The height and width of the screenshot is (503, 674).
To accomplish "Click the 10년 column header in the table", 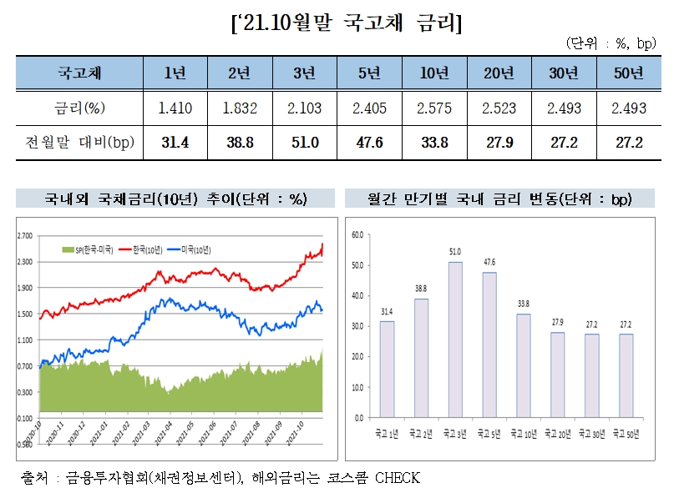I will click(x=435, y=73).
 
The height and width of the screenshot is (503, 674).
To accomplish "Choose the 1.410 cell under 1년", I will click(x=176, y=108).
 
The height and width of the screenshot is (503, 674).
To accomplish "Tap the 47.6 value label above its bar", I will click(x=489, y=262).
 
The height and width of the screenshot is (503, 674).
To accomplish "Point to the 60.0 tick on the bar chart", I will click(x=357, y=234).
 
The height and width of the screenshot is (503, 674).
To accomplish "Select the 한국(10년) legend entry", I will click(x=139, y=249).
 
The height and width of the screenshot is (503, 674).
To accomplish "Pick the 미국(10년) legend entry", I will click(x=190, y=249).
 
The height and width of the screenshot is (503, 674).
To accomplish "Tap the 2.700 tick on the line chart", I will click(x=25, y=236).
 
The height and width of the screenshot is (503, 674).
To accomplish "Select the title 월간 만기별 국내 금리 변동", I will click(x=499, y=199).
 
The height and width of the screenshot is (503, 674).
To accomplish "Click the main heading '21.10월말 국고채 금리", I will click(x=345, y=23).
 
